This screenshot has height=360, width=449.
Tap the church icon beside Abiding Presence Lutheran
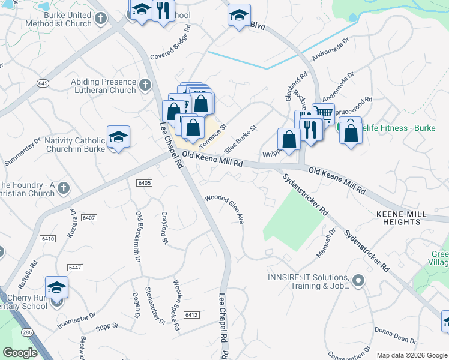[145, 85]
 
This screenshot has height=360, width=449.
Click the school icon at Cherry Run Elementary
[56, 287]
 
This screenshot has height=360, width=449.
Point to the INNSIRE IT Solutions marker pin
[358, 281]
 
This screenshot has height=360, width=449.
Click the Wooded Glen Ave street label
[225, 209]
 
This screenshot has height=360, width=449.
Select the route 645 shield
[42, 82]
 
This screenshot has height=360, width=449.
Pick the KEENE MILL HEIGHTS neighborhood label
[401, 218]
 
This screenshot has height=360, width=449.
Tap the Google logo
[20, 353]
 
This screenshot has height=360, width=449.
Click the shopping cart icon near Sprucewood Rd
[324, 112]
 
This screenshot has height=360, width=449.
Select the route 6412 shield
[192, 315]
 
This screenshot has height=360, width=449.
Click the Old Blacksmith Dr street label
[137, 238]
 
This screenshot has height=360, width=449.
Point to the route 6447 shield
[76, 267]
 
